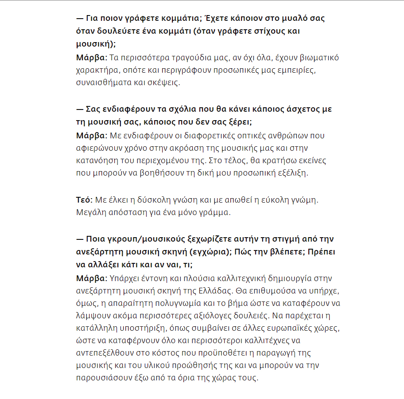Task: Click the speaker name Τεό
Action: coord(84,200)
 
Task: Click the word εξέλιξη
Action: coord(292,172)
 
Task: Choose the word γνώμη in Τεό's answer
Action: coord(303,200)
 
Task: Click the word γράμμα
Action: coord(215,212)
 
